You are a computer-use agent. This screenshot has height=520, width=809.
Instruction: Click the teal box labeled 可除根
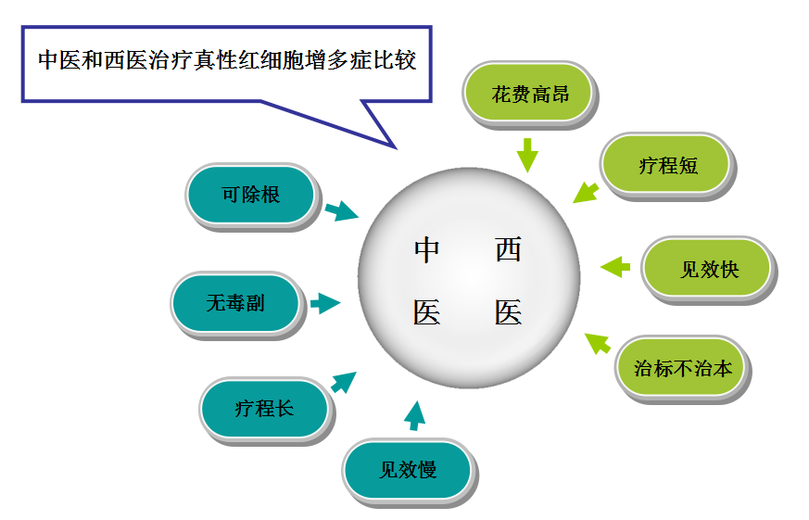(x=251, y=195)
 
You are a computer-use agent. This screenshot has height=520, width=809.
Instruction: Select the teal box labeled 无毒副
(x=235, y=303)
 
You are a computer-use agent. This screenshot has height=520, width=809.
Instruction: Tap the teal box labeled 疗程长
(x=264, y=408)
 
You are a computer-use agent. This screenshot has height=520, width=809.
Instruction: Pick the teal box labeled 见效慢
(x=408, y=469)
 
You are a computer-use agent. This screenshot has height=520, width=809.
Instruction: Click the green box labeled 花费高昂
(x=529, y=93)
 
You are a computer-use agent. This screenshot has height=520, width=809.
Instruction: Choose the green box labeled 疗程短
(x=666, y=166)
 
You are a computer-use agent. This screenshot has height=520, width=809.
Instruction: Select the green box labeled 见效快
(x=708, y=270)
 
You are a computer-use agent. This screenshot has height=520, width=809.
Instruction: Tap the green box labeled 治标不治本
(x=682, y=368)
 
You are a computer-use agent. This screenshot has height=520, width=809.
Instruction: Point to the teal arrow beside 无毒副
(x=324, y=303)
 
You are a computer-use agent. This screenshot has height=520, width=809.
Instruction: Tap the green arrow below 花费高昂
(x=527, y=154)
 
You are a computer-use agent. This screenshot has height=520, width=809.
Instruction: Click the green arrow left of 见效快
(x=615, y=267)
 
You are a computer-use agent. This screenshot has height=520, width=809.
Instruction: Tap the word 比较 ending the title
(x=396, y=61)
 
